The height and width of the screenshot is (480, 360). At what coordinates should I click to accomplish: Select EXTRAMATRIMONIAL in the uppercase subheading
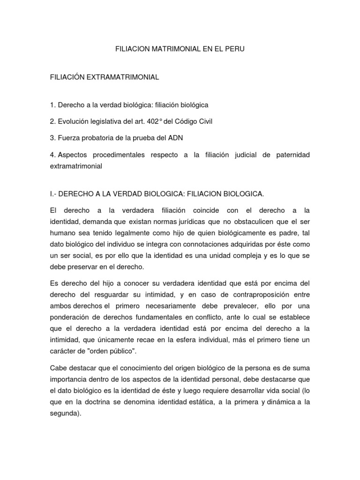pos(123,77)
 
